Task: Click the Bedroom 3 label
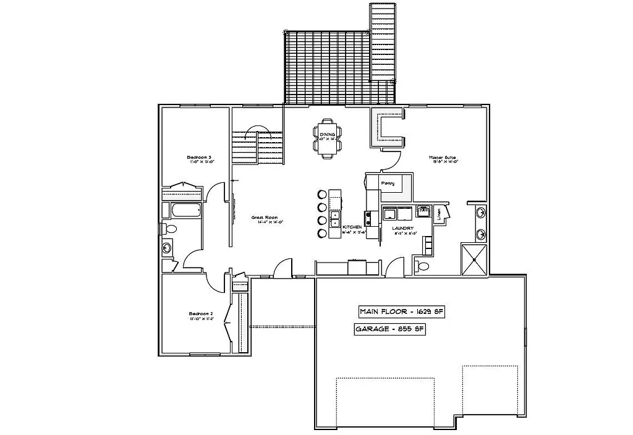200,158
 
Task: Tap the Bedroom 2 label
201,315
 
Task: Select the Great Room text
264,217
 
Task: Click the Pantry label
388,183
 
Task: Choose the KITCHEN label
350,228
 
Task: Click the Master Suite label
443,158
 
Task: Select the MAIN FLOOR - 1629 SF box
402,311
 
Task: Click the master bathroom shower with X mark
474,260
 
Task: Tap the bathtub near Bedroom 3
185,210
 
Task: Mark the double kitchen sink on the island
334,219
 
